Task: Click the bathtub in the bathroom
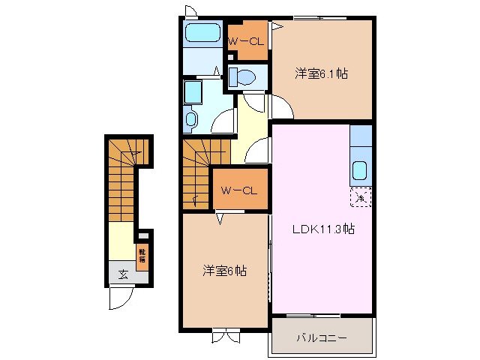click(x=200, y=34)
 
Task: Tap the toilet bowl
click(x=242, y=76)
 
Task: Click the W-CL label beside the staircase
click(x=239, y=190)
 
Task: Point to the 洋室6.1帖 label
click(x=322, y=73)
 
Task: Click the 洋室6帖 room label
click(x=223, y=271)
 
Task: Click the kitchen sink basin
click(x=360, y=171)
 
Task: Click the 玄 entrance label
click(x=121, y=273)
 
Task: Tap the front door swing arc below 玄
click(x=119, y=298)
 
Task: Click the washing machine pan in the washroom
click(x=193, y=94)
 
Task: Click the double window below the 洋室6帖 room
click(x=223, y=336)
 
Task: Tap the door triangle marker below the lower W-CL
click(x=220, y=218)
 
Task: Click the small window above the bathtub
click(x=190, y=11)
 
